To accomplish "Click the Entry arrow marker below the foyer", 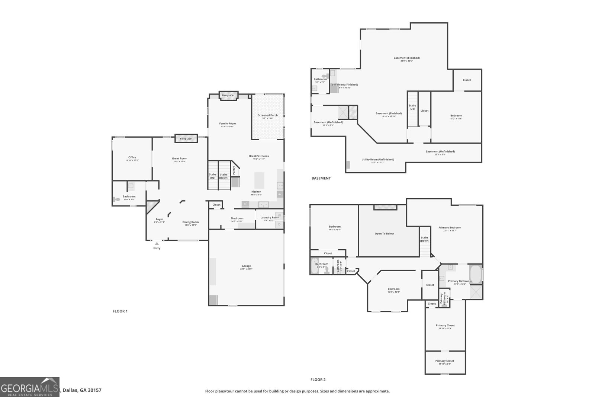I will click(157, 244).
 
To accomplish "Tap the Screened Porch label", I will click(268, 115).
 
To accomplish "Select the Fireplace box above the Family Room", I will click(228, 96).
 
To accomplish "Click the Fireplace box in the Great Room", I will click(186, 138).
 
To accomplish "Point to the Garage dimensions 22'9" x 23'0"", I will click(246, 269).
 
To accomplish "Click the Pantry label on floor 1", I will click(234, 170).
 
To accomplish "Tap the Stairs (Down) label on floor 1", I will click(223, 176).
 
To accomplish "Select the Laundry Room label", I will click(270, 217).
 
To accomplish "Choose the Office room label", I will click(132, 157).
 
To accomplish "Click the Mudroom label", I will click(237, 218).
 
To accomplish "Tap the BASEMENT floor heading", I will click(321, 178).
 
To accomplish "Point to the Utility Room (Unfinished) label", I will click(378, 160).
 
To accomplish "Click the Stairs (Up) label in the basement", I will click(412, 107).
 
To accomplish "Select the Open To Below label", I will click(384, 234).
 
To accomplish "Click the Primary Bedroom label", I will click(450, 228).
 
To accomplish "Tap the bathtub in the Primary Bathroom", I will click(476, 274).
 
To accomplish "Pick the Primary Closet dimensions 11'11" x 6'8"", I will click(445, 364).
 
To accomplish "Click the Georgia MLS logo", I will click(30, 387).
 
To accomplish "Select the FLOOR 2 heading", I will click(318, 380).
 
